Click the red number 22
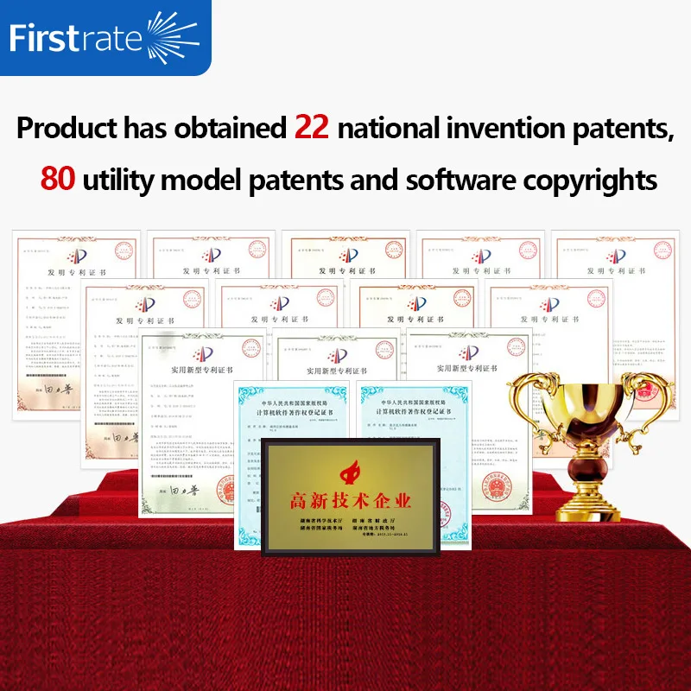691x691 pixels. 312,128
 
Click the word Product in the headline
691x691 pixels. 67,129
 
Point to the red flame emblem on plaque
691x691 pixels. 352,471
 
